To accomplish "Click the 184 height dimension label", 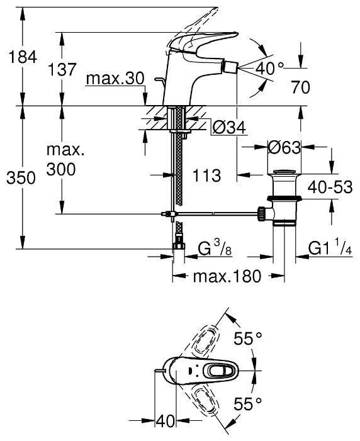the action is pyautogui.click(x=23, y=57).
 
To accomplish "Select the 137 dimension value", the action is pyautogui.click(x=62, y=69).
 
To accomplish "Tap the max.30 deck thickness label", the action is pyautogui.click(x=115, y=79).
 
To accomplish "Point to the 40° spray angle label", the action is pyautogui.click(x=269, y=69).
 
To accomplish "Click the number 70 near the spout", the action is pyautogui.click(x=300, y=87).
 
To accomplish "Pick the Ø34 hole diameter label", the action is pyautogui.click(x=229, y=128).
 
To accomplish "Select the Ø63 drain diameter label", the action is pyautogui.click(x=284, y=147).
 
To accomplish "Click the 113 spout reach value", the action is pyautogui.click(x=206, y=176).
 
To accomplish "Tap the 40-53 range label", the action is pyautogui.click(x=330, y=187).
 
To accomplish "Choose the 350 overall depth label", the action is pyautogui.click(x=21, y=178).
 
